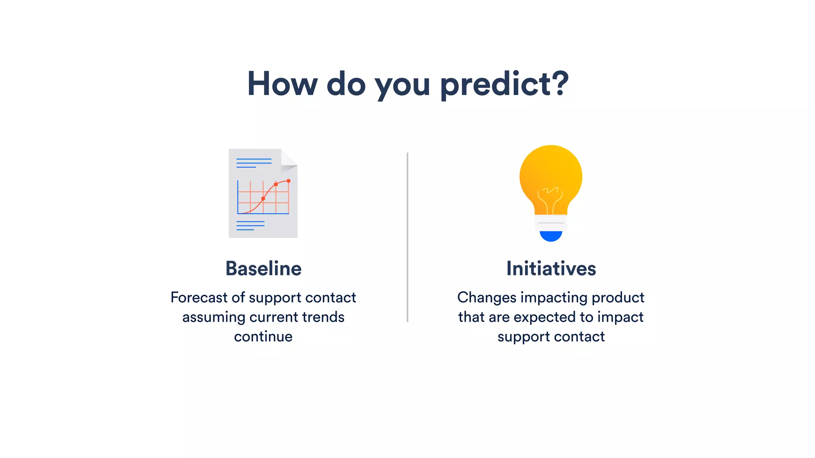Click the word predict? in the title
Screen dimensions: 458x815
[504, 84]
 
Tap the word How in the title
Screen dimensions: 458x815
[282, 84]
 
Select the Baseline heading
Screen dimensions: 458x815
[263, 268]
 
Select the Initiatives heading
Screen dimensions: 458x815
[551, 268]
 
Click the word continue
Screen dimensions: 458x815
[263, 336]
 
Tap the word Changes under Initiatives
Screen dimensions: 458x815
[486, 297]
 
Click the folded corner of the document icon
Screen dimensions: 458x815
[288, 160]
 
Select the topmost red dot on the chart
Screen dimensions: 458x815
[289, 181]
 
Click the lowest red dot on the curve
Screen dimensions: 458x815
[263, 198]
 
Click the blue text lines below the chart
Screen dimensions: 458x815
[250, 225]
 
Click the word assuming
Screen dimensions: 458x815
[214, 317]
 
